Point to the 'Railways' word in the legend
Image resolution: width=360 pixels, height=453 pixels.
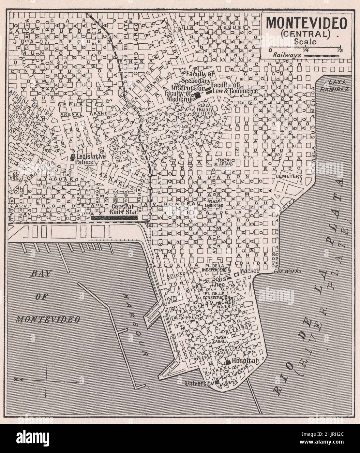[x=286, y=56]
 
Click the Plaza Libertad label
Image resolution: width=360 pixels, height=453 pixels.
[x=214, y=204]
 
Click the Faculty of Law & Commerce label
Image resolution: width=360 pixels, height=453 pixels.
[x=234, y=88]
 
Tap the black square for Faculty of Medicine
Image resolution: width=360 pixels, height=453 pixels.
[x=197, y=95]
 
